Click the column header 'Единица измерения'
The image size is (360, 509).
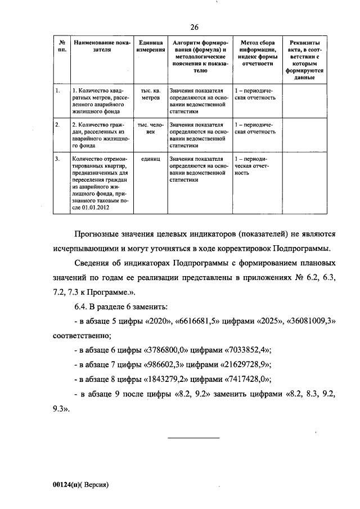coord(150,46)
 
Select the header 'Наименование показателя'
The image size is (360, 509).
coord(101,46)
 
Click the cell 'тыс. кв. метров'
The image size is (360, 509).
coord(150,93)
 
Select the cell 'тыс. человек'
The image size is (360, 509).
coord(150,128)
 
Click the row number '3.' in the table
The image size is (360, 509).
coord(58,159)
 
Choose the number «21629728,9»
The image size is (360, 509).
coord(241,364)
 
